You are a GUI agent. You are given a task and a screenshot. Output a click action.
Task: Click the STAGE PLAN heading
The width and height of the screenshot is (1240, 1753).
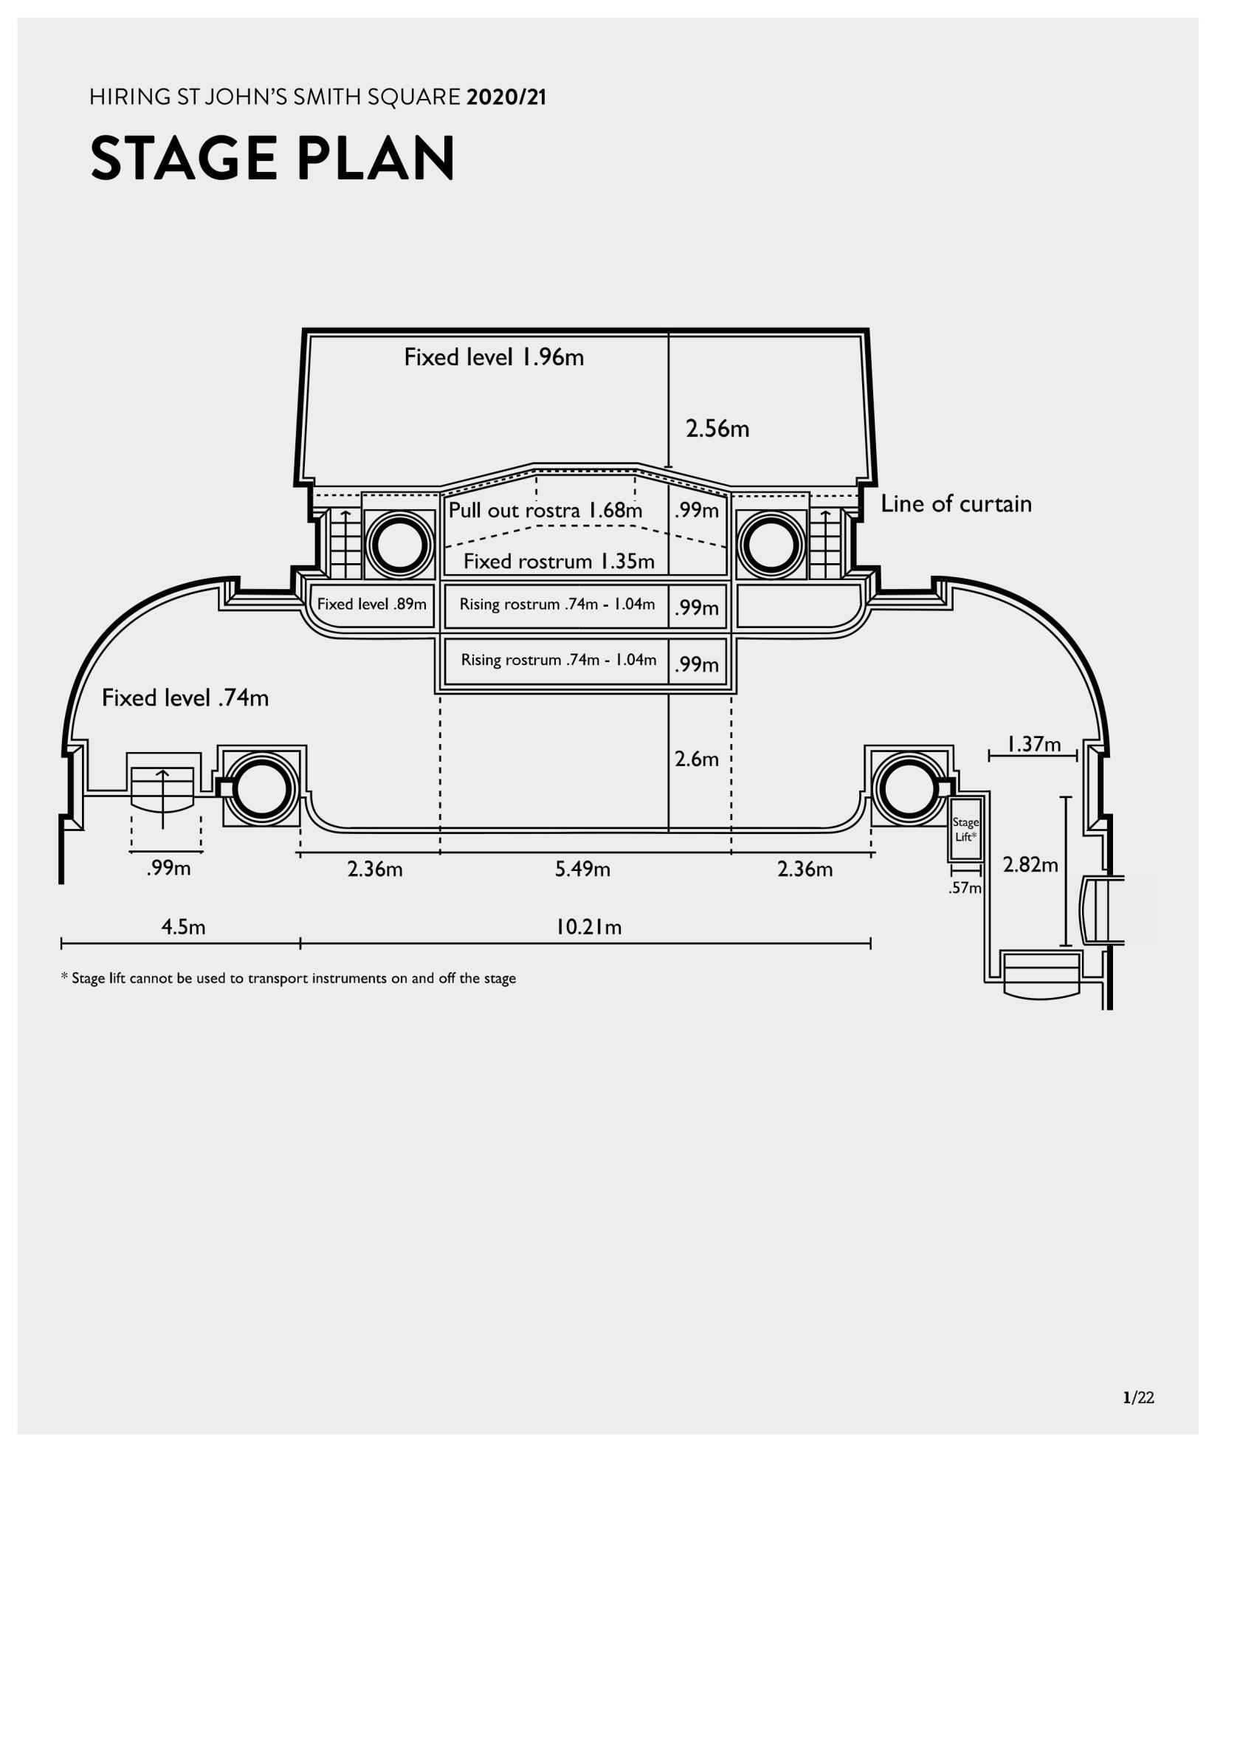pyautogui.click(x=272, y=158)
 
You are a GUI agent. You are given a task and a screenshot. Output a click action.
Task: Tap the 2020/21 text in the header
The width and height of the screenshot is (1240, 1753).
pyautogui.click(x=506, y=97)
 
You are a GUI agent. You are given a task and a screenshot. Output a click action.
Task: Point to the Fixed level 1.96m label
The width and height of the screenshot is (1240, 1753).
pyautogui.click(x=494, y=357)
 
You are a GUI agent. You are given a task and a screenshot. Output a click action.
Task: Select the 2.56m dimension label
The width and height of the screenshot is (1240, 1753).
pyautogui.click(x=717, y=429)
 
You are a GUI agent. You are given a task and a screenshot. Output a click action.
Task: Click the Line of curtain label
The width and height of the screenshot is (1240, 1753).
pyautogui.click(x=956, y=504)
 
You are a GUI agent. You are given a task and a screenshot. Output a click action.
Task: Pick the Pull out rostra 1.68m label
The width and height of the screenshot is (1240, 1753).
pyautogui.click(x=545, y=510)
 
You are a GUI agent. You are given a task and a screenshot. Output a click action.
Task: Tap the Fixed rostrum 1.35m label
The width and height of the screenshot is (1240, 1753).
pyautogui.click(x=559, y=562)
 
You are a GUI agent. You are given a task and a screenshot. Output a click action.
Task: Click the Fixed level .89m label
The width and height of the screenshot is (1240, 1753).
pyautogui.click(x=372, y=604)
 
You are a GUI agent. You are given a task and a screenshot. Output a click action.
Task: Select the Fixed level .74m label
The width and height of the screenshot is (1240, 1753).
pyautogui.click(x=185, y=698)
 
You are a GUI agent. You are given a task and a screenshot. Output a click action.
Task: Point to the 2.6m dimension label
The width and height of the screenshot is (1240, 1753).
pyautogui.click(x=696, y=759)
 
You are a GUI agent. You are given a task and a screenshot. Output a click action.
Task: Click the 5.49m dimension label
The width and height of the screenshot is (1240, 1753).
pyautogui.click(x=582, y=869)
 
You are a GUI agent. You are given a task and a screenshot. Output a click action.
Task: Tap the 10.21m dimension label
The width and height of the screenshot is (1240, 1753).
pyautogui.click(x=588, y=928)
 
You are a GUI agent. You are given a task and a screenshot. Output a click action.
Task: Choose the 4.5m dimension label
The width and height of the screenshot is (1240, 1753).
pyautogui.click(x=183, y=928)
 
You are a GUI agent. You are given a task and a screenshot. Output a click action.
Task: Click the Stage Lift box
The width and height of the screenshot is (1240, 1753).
pyautogui.click(x=966, y=829)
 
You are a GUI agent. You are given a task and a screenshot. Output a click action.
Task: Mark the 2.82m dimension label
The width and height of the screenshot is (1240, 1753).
pyautogui.click(x=1030, y=865)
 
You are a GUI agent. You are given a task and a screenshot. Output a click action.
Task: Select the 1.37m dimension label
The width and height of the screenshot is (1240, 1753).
pyautogui.click(x=1034, y=744)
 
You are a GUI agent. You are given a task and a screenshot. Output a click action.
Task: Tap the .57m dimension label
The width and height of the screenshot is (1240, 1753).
pyautogui.click(x=965, y=888)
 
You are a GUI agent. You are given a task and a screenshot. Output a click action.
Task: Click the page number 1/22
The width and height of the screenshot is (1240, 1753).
pyautogui.click(x=1137, y=1398)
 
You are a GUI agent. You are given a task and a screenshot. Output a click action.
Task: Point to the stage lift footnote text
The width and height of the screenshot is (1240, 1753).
pyautogui.click(x=289, y=979)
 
